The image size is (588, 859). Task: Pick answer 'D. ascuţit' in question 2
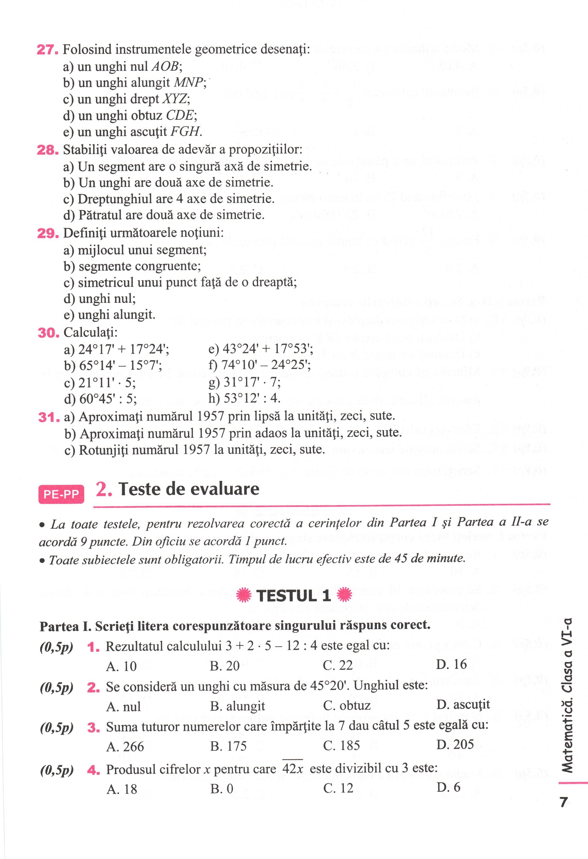463,705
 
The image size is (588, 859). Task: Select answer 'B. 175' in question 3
228,746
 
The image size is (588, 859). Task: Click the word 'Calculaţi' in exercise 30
90,332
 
